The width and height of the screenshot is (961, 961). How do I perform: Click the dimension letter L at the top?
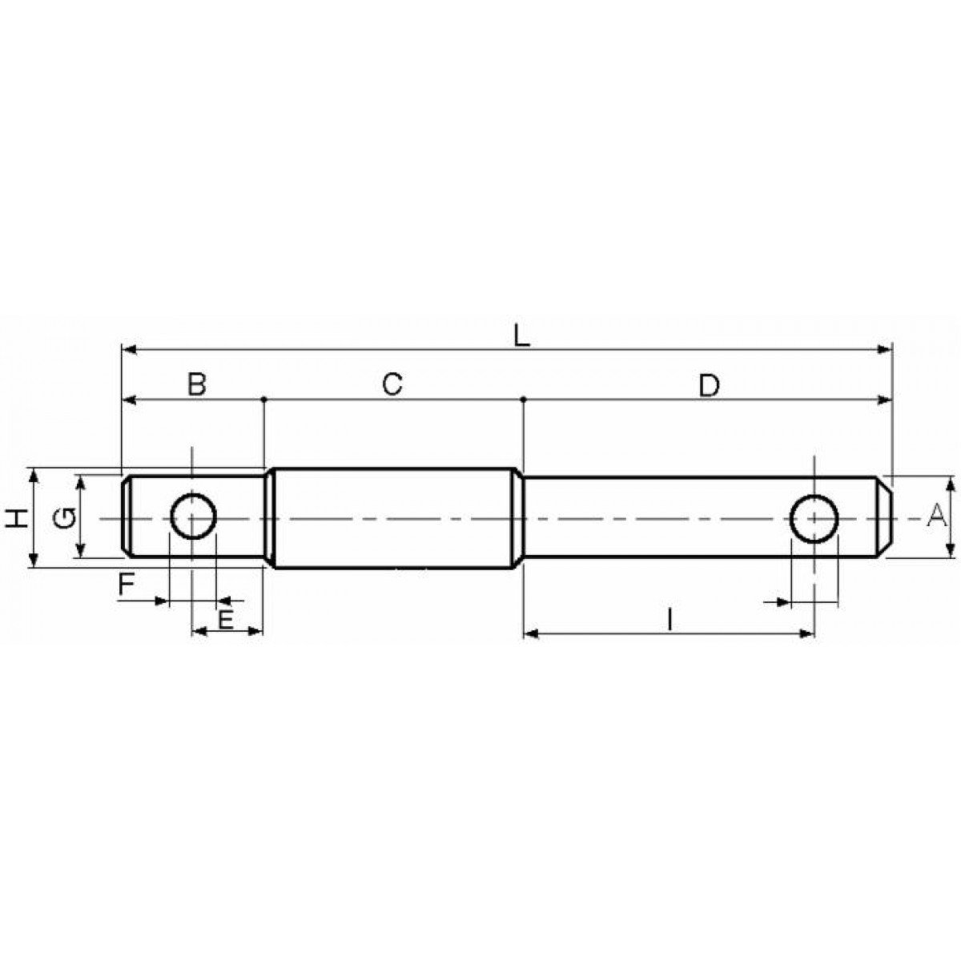(522, 338)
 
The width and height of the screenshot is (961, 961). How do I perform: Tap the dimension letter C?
(392, 385)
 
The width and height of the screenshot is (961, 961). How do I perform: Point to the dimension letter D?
(709, 385)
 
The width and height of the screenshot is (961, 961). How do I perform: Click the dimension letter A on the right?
(936, 516)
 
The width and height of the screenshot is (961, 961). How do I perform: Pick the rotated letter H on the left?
(18, 519)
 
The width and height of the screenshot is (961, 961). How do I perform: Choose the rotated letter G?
(65, 518)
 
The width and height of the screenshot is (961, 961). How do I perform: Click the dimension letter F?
(127, 584)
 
